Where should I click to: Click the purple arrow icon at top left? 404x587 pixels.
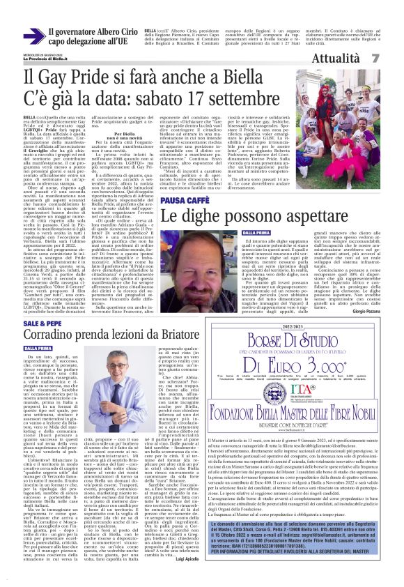coord(33,36)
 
